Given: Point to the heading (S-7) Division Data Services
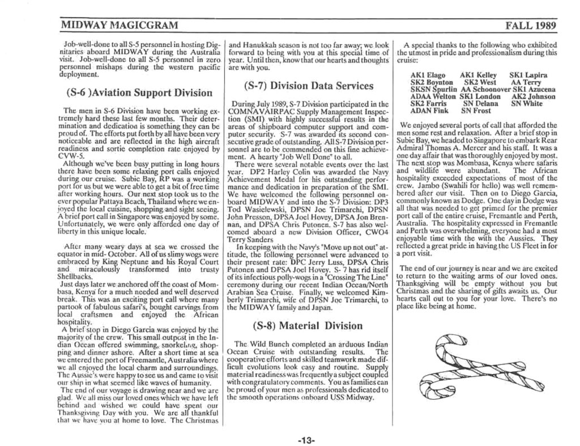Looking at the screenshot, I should pyautogui.click(x=309, y=86).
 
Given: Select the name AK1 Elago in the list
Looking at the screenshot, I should pyautogui.click(x=428, y=75).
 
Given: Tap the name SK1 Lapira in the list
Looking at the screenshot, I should pyautogui.click(x=528, y=75).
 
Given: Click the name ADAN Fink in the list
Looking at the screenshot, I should pyautogui.click(x=429, y=111).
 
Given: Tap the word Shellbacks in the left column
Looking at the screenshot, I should pyautogui.click(x=79, y=277).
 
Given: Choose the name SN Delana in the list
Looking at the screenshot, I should pyautogui.click(x=480, y=104).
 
